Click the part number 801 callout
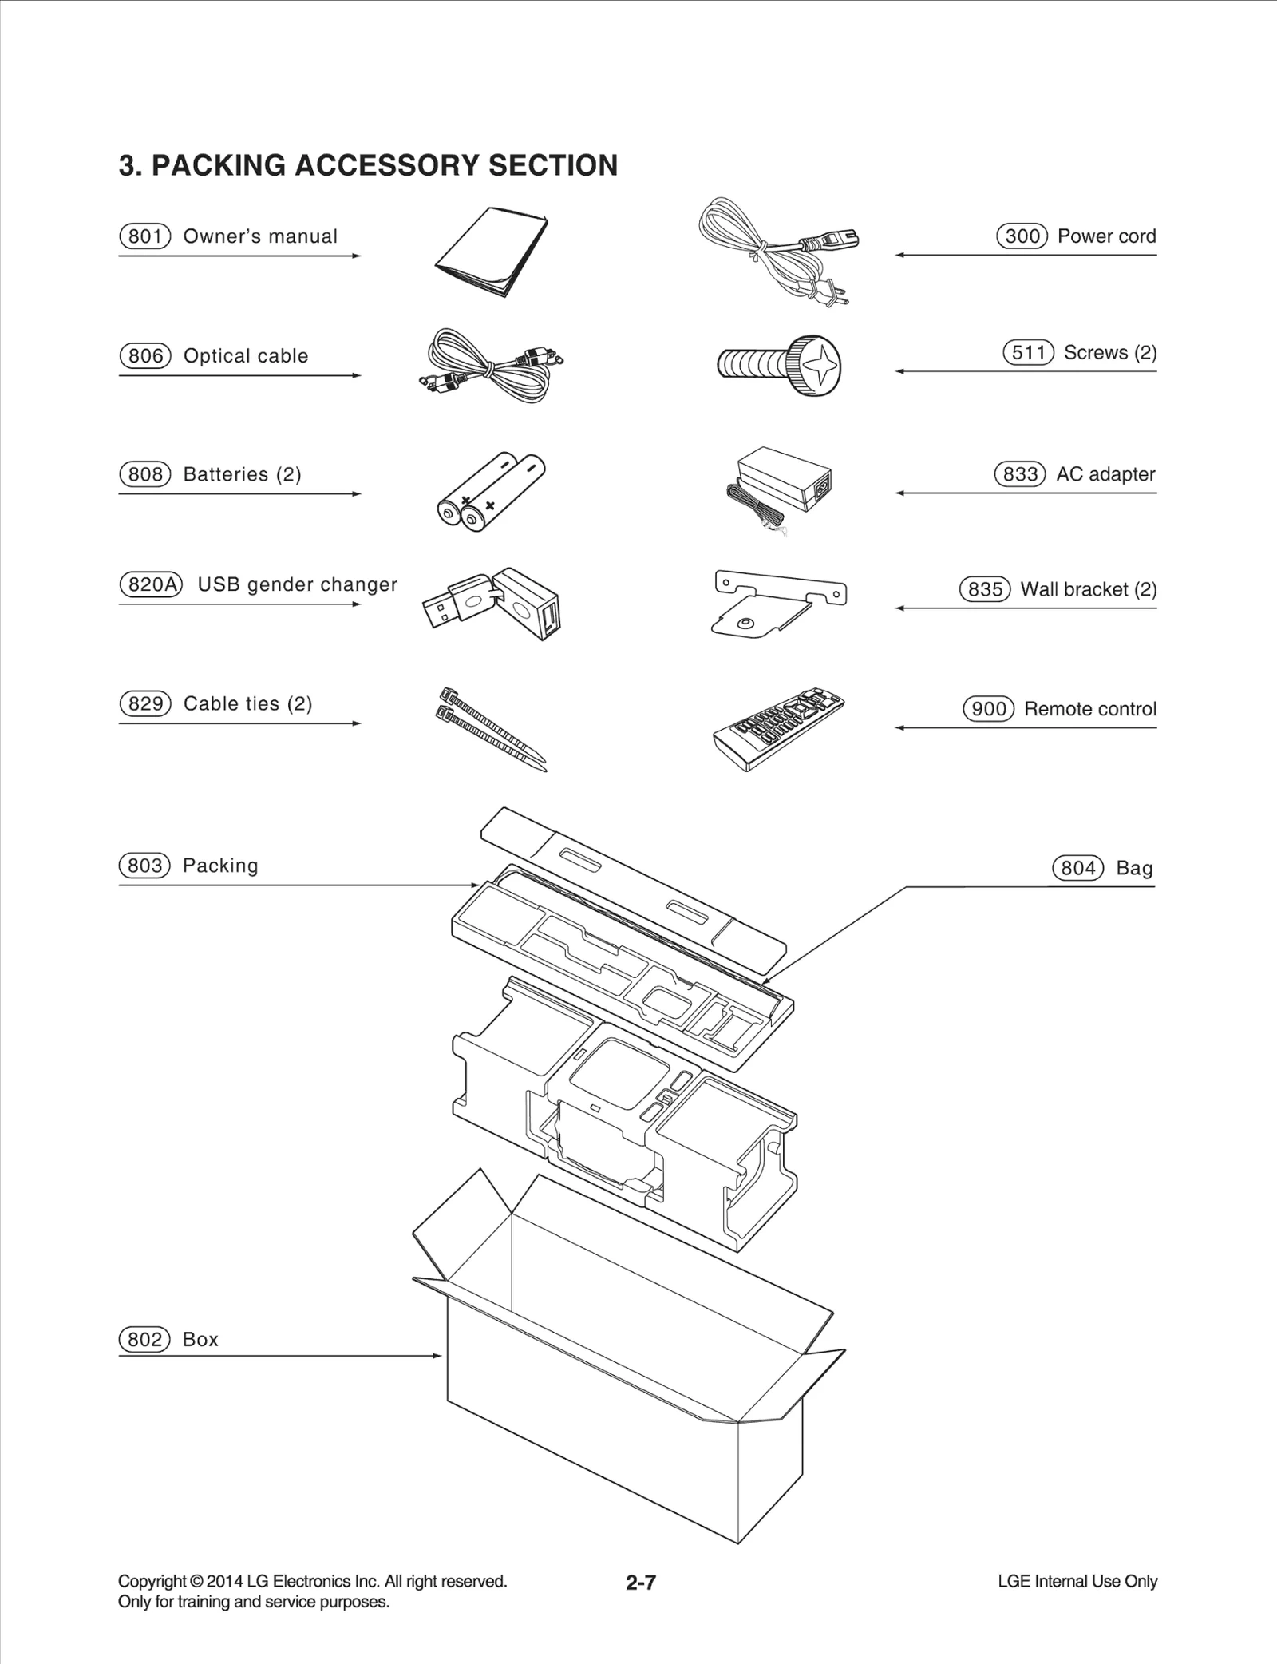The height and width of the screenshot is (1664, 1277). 145,236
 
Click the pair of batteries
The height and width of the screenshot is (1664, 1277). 491,492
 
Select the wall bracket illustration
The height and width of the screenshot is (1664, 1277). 778,602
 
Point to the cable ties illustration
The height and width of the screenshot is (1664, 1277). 491,727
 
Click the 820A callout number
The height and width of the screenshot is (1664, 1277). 151,584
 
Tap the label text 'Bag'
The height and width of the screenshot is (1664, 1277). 1134,868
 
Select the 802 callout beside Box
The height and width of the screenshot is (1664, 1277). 144,1339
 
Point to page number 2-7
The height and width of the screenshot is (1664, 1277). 641,1582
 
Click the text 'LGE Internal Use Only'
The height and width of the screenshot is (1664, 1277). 1077,1581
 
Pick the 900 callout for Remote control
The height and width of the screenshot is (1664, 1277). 988,709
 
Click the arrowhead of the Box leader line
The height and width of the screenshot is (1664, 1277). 437,1356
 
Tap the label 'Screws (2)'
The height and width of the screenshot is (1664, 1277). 1110,352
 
